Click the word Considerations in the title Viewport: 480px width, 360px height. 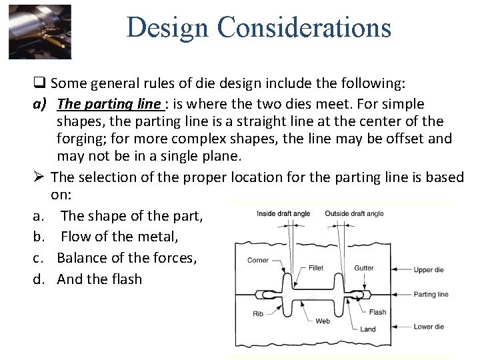pos(304,27)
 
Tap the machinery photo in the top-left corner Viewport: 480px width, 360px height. pos(40,32)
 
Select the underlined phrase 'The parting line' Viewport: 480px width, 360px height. pos(109,104)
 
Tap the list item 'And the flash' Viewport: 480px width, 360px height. pos(99,279)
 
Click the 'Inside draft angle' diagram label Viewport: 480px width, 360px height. pos(283,213)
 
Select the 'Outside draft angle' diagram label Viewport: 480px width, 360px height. pos(354,213)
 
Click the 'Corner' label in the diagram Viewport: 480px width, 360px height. pos(258,261)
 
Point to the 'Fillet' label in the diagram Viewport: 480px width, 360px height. pos(316,268)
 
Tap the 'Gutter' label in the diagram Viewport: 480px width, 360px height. pos(364,268)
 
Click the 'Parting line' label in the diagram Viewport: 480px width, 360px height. pos(431,294)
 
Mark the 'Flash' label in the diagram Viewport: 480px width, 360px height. pos(377,312)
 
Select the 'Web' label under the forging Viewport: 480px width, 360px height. pos(323,321)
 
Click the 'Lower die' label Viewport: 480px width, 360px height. pos(429,327)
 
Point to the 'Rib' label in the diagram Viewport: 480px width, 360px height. pos(258,313)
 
